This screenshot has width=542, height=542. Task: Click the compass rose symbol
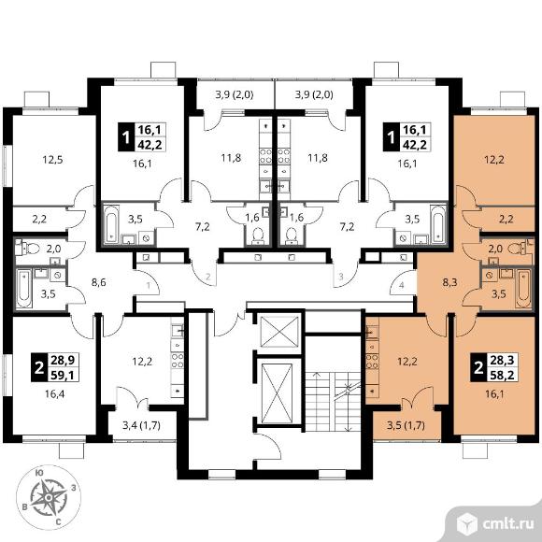49,497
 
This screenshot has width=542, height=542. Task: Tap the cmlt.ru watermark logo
494,524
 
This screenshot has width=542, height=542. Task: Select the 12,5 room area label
52,160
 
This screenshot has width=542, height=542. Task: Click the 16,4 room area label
54,393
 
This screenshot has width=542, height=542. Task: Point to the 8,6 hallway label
98,283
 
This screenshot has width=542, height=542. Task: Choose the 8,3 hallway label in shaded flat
449,283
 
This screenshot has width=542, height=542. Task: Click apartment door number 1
149,286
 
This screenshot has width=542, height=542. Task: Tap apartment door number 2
207,277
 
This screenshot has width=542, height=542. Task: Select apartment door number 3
341,277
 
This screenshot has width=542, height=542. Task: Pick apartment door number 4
401,286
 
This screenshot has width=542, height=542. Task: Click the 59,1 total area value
63,375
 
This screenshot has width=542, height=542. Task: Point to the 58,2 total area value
502,375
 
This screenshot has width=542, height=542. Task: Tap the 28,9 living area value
63,361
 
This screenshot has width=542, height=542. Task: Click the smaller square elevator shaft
279,332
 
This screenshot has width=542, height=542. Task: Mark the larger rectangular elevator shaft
277,393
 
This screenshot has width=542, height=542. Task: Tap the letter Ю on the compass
39,474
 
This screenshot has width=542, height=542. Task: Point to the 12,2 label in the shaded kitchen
407,362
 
